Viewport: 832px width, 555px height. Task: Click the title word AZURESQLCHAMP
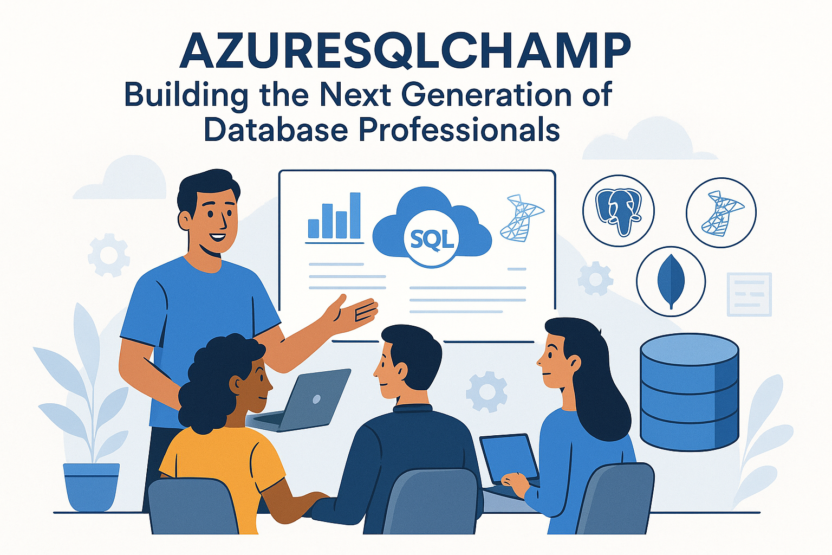[x=405, y=51]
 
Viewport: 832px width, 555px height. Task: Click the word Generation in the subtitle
[x=486, y=95]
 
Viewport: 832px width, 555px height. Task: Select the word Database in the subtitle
[x=276, y=130]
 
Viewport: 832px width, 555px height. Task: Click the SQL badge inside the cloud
[x=432, y=239]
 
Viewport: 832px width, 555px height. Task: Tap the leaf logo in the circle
[x=671, y=281]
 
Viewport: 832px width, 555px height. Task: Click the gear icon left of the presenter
[x=108, y=255]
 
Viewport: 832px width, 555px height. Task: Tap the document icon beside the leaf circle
[x=749, y=294]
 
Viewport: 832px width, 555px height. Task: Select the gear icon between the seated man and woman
[x=486, y=391]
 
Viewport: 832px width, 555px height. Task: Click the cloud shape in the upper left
[x=122, y=179]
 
